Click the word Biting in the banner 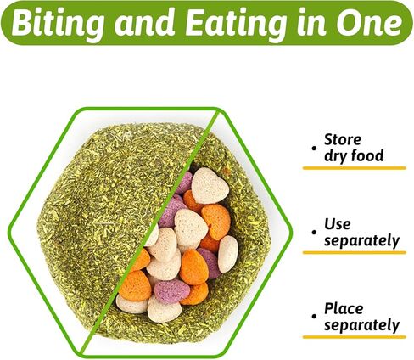click(57, 25)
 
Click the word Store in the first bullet click(343, 140)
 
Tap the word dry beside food click(336, 156)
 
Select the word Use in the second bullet click(337, 224)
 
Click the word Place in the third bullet click(344, 309)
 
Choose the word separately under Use click(361, 241)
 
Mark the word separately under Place click(361, 325)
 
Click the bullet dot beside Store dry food click(314, 149)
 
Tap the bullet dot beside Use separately click(314, 233)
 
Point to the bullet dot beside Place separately click(314, 317)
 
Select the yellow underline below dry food click(355, 168)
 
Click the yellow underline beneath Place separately click(355, 337)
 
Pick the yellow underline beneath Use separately click(355, 252)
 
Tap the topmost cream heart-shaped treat click(210, 185)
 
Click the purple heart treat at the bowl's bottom click(172, 291)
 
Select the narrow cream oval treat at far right click(227, 254)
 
